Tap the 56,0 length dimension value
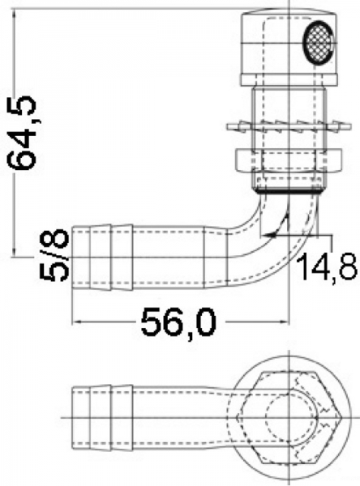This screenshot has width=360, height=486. coord(178,322)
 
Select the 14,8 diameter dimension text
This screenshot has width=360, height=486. coord(327,266)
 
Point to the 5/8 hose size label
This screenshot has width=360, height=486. coord(54,255)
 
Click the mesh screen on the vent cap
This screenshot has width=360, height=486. coord(318,42)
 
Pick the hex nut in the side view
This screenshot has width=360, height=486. coord(289,160)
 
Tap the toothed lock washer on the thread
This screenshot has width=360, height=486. coord(289,126)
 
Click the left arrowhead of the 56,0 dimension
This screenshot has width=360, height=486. coord(77,322)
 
